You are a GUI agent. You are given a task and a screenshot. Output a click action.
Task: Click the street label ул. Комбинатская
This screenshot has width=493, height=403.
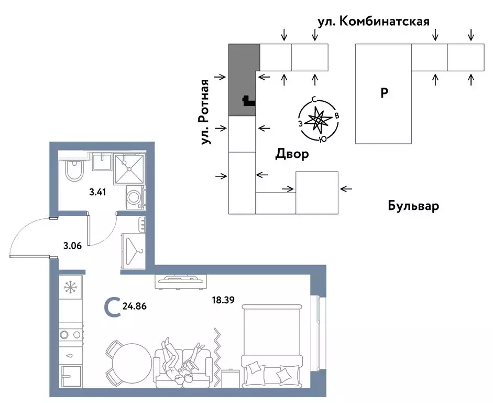[x=374, y=22]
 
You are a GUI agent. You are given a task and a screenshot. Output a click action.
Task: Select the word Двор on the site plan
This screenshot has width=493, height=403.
[x=291, y=154]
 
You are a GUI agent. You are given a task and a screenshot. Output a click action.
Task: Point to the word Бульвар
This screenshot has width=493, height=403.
[x=413, y=206]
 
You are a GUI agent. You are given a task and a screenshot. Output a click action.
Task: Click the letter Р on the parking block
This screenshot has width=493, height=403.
[x=384, y=93]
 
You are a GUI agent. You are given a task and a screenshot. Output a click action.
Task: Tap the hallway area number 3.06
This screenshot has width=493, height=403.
[x=73, y=245]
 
